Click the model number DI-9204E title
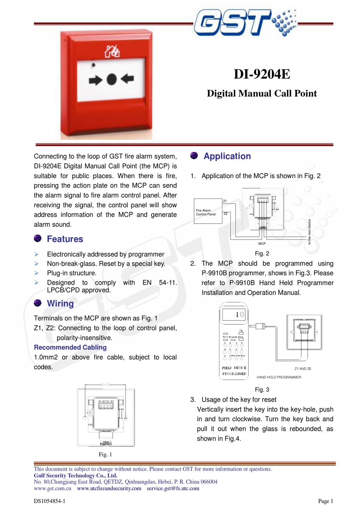click(262, 74)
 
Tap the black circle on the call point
click(111, 79)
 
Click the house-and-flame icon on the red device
click(112, 51)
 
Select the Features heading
click(65, 239)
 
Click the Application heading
click(227, 156)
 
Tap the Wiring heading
click(60, 303)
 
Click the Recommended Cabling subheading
click(70, 347)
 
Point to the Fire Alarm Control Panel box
click(208, 211)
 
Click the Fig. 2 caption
click(262, 253)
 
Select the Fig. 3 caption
click(262, 389)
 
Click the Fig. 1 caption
click(105, 454)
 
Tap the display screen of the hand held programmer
click(234, 314)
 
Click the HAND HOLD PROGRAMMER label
click(279, 377)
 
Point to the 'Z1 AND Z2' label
click(303, 369)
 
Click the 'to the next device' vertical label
click(309, 232)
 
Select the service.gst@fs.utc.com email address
click(173, 488)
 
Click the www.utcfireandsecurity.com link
click(109, 488)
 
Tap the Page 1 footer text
click(326, 501)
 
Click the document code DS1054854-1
click(50, 501)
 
